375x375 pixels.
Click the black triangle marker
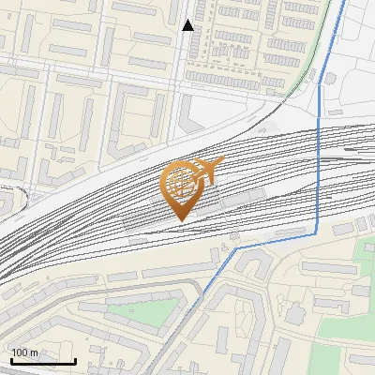(x=188, y=25)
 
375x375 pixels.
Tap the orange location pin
(x=184, y=188)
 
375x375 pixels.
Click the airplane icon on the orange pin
(x=208, y=169)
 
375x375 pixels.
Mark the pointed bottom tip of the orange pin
(x=183, y=220)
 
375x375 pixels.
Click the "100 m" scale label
(x=25, y=352)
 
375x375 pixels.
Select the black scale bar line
(x=43, y=361)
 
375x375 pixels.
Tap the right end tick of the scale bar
(x=75, y=359)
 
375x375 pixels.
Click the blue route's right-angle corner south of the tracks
(x=318, y=233)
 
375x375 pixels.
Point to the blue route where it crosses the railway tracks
(x=319, y=159)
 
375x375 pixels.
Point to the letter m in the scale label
(x=35, y=352)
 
